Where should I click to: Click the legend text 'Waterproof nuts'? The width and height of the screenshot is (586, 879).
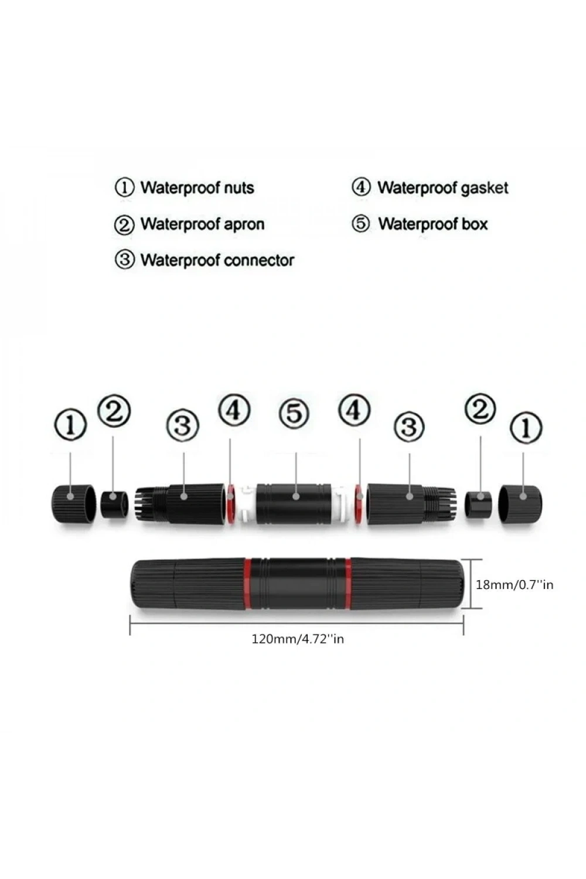[197, 188]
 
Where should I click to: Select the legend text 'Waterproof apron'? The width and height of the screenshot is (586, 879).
[203, 224]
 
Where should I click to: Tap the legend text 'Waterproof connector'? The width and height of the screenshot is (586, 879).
[217, 260]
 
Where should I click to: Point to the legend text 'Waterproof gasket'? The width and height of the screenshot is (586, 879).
[443, 188]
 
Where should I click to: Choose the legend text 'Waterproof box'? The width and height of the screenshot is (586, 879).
[433, 224]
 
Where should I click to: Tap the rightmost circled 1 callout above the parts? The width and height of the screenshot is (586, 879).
[526, 427]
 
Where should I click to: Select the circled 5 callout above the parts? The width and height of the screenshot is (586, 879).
[294, 413]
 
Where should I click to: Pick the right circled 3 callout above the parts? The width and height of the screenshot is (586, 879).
[409, 426]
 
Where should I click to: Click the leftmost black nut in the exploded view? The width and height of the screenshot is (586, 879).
[74, 503]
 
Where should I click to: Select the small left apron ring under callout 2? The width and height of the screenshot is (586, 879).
[115, 504]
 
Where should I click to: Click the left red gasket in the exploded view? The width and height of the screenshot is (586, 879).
[231, 504]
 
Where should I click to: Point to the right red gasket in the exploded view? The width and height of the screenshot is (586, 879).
[359, 504]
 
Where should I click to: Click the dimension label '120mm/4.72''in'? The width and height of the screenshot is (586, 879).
[298, 639]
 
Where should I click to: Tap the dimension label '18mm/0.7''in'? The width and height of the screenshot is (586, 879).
[515, 585]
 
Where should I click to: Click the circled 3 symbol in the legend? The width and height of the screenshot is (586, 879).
[125, 260]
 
